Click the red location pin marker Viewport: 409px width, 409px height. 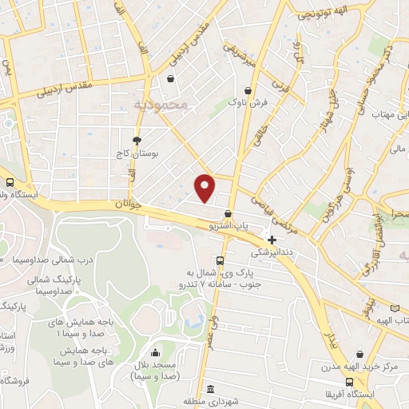[204, 188]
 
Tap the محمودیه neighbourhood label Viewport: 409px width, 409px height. [160, 104]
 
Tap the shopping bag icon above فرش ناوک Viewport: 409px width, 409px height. [250, 90]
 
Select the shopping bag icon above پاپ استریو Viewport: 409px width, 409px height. [229, 214]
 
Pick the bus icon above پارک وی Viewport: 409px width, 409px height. [220, 260]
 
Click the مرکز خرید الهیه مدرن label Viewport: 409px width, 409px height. [359, 367]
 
